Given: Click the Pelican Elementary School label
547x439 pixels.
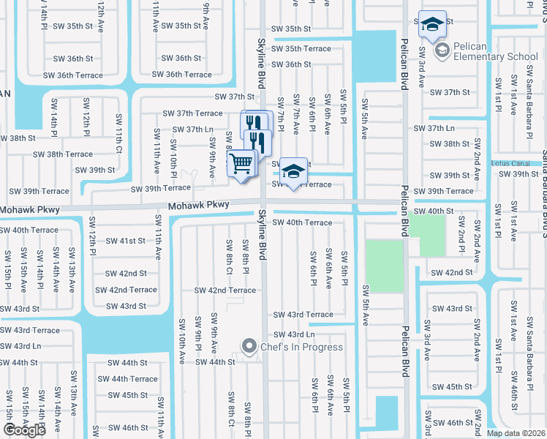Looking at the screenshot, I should [x=495, y=51].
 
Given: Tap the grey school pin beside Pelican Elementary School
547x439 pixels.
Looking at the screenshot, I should [x=442, y=50].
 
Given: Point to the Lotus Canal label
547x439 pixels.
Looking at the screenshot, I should [x=510, y=162].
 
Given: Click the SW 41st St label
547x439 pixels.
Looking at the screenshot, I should [x=127, y=240].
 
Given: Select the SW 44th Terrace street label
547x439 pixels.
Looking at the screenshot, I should [x=128, y=379].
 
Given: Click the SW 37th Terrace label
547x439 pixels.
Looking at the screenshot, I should [x=192, y=113].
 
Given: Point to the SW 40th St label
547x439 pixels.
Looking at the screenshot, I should [x=434, y=211].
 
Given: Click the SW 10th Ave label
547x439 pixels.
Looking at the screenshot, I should [x=181, y=334].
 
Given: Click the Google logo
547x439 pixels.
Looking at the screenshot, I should [x=24, y=429].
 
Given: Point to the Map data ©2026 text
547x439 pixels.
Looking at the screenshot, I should [x=515, y=433].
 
